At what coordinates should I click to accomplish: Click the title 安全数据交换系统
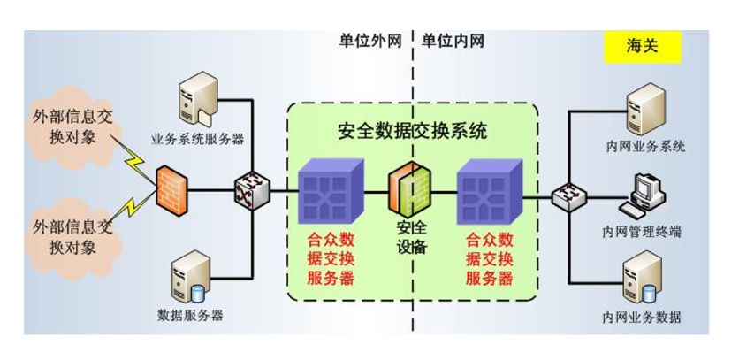pyautogui.click(x=413, y=132)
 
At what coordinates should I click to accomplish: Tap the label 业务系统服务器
pyautogui.click(x=198, y=140)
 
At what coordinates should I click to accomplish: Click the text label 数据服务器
pyautogui.click(x=190, y=315)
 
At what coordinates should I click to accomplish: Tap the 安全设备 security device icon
pyautogui.click(x=408, y=189)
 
